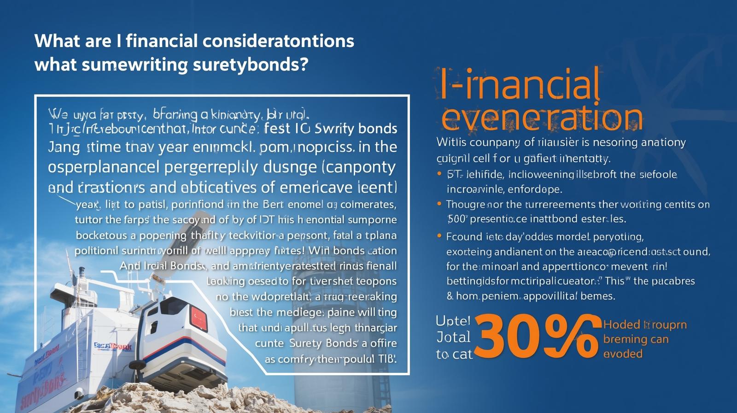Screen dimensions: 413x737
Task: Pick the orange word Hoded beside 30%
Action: (621, 324)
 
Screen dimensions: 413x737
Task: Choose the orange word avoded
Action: (623, 354)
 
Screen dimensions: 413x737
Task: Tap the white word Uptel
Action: (453, 321)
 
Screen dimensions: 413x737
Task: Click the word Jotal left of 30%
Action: (453, 337)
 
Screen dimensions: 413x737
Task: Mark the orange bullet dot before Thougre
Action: (439, 203)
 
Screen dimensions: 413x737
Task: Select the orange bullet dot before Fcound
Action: (439, 236)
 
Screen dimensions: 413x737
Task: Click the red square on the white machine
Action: (199, 318)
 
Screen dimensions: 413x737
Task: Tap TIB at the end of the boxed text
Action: (387, 359)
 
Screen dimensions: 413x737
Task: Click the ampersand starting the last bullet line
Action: (450, 295)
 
